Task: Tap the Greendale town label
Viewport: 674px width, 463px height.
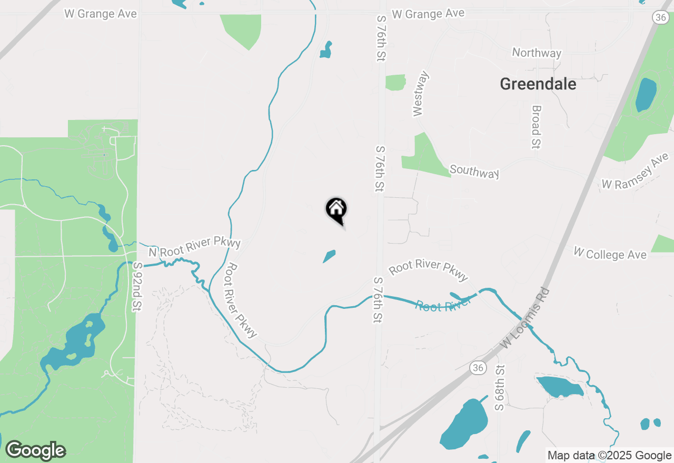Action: click(x=538, y=84)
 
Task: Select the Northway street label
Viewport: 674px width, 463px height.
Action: click(x=537, y=53)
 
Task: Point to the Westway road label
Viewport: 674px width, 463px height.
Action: click(x=421, y=94)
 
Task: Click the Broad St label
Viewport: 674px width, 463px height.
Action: click(x=536, y=127)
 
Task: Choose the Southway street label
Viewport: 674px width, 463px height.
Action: click(x=474, y=171)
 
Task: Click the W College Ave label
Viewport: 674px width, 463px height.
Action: click(x=610, y=254)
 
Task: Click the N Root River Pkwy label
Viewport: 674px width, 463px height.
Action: click(x=194, y=246)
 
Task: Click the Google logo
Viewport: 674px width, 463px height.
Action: click(x=35, y=450)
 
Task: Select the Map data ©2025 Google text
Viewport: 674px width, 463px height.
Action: click(x=609, y=456)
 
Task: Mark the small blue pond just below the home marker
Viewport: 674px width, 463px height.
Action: click(x=329, y=256)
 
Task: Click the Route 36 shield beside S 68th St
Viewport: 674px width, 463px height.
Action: click(x=478, y=368)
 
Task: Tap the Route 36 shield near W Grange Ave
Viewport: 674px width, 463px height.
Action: click(x=661, y=17)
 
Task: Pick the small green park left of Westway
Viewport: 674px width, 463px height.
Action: click(x=395, y=83)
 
